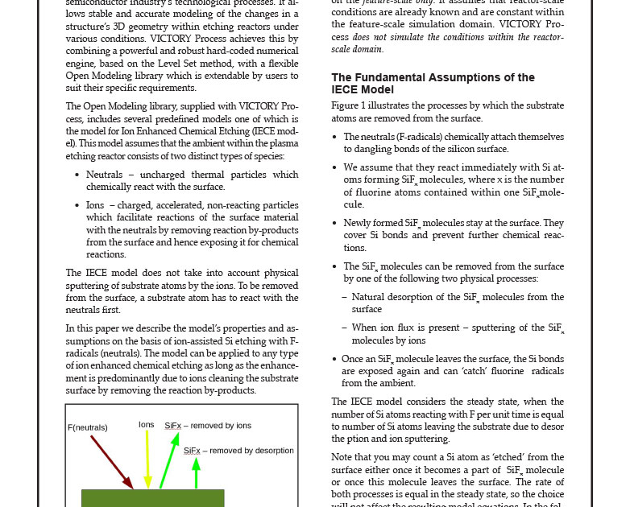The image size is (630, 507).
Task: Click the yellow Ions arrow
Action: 147,459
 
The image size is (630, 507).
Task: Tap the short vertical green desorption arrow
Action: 196,472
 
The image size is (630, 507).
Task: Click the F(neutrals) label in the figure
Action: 88,427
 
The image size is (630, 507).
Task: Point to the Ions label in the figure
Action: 146,424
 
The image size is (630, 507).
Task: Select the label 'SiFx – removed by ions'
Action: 208,426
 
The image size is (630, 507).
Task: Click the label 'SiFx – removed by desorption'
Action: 238,451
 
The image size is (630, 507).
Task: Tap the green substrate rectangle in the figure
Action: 152,498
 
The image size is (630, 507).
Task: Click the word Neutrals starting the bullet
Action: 104,175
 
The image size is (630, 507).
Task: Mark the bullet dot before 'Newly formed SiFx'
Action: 335,223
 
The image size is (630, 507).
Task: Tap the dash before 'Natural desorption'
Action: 344,297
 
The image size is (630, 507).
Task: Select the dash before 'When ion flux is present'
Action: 344,328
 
